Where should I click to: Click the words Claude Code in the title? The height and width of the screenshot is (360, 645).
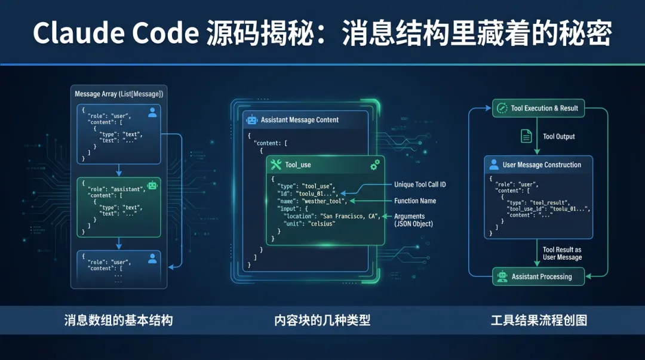pyautogui.click(x=115, y=33)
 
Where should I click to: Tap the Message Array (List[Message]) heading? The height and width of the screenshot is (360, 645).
pyautogui.click(x=119, y=94)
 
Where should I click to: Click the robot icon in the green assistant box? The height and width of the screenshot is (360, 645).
pyautogui.click(x=152, y=186)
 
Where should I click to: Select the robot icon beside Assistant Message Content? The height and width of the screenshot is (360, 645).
pyautogui.click(x=251, y=119)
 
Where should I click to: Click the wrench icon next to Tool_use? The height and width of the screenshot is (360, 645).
pyautogui.click(x=275, y=165)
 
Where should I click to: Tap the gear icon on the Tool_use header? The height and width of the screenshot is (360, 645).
pyautogui.click(x=374, y=164)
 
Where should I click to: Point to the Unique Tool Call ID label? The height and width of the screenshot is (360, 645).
pyautogui.click(x=420, y=184)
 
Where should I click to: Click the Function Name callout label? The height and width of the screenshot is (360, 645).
pyautogui.click(x=415, y=201)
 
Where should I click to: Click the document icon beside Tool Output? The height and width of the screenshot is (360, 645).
pyautogui.click(x=526, y=136)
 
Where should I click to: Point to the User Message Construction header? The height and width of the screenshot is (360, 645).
pyautogui.click(x=541, y=165)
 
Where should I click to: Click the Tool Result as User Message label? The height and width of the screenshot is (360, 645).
pyautogui.click(x=562, y=253)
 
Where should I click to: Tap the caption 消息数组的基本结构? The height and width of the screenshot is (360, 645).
pyautogui.click(x=118, y=320)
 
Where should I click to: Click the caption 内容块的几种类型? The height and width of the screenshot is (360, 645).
pyautogui.click(x=322, y=320)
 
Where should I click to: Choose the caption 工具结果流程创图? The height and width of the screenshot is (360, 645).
pyautogui.click(x=539, y=320)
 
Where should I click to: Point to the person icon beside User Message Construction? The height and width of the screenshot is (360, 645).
pyautogui.click(x=494, y=165)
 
